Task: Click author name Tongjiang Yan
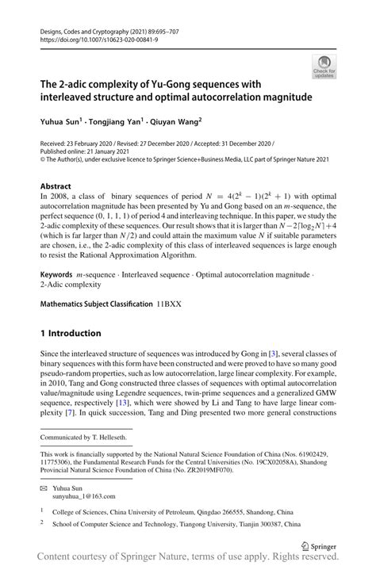coord(125,121)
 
